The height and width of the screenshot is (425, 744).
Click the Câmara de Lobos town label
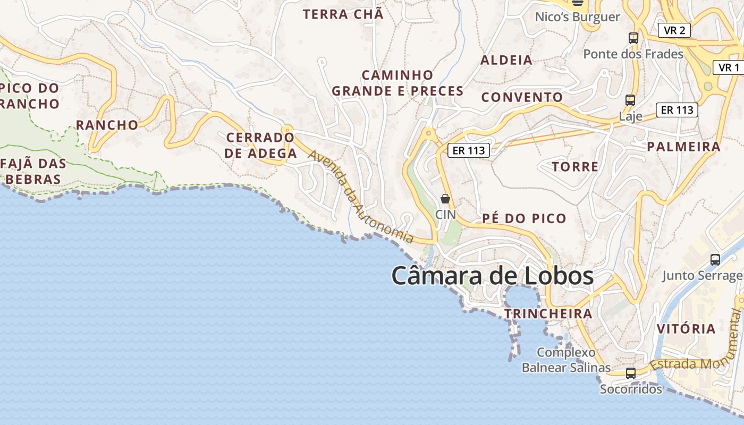(x=492, y=276)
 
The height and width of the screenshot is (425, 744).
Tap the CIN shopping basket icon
(x=445, y=199)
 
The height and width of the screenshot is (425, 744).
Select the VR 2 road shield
(x=674, y=30)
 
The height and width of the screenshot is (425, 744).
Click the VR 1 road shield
(x=729, y=67)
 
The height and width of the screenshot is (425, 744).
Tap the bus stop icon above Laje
(x=630, y=100)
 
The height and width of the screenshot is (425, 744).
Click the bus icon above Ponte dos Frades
(x=633, y=38)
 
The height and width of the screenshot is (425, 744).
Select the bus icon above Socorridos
(x=631, y=373)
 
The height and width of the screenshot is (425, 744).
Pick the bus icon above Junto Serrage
(x=715, y=260)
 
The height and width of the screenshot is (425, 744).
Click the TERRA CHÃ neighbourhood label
(x=343, y=14)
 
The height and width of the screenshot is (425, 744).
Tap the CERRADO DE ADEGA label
(x=260, y=146)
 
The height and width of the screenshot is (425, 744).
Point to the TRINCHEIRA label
(x=548, y=313)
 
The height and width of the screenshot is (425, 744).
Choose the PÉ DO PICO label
(x=525, y=218)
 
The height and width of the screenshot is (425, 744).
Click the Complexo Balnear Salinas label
(x=566, y=360)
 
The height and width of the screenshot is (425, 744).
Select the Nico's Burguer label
(x=577, y=17)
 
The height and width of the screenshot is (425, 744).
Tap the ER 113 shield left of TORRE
(x=468, y=150)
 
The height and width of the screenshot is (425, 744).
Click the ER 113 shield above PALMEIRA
(x=677, y=110)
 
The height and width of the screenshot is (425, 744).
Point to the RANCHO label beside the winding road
(x=107, y=125)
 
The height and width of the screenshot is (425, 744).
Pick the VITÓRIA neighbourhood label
(x=686, y=328)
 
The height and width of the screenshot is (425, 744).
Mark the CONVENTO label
(x=522, y=97)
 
